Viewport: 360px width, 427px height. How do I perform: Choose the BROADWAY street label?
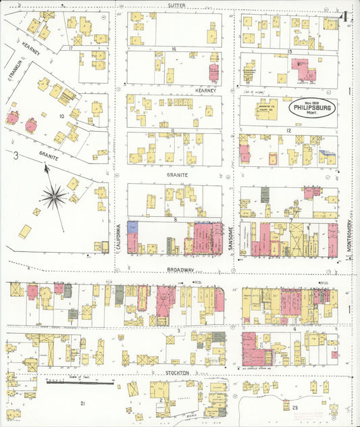tap(180, 269)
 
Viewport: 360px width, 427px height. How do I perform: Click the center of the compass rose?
tap(53, 197)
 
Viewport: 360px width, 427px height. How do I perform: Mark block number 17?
tap(70, 49)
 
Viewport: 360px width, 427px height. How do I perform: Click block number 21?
tap(82, 403)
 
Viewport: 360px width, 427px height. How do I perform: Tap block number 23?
tap(295, 407)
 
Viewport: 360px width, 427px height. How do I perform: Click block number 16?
tap(174, 49)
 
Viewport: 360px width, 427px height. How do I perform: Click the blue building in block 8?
tap(132, 227)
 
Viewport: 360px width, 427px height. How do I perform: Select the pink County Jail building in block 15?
tap(303, 70)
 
